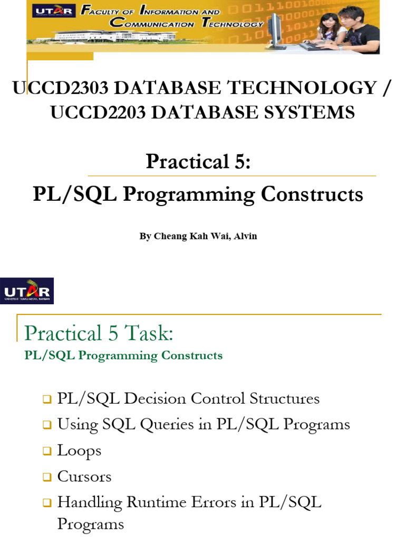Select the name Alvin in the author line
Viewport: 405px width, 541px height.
click(246, 236)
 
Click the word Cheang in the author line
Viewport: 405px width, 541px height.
click(168, 236)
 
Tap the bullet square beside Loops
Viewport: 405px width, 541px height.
click(46, 452)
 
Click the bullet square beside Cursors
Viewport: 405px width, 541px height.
click(46, 478)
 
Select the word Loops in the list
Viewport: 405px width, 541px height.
click(79, 451)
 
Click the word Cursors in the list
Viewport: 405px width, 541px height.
click(84, 477)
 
